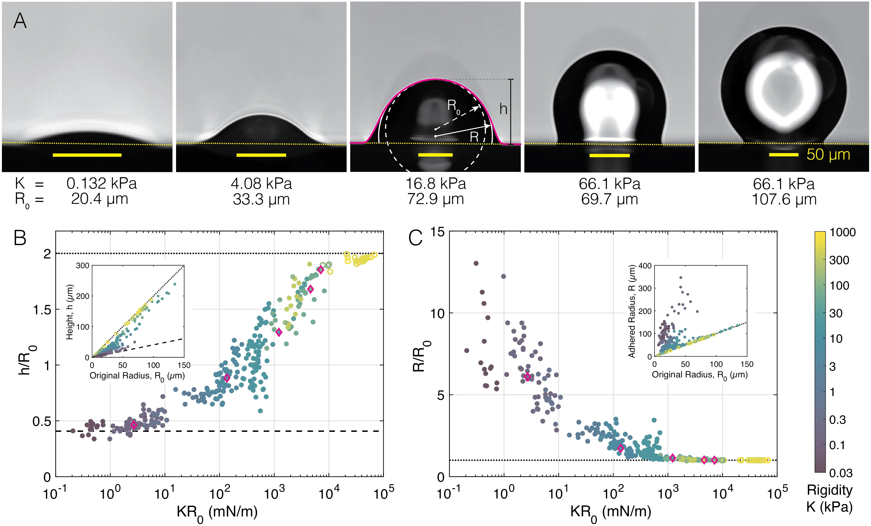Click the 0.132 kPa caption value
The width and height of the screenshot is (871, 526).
pos(101,183)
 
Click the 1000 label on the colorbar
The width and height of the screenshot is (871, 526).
pos(842,232)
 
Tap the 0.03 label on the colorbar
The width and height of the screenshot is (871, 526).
pos(841,473)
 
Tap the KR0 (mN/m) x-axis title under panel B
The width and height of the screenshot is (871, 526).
pos(217,512)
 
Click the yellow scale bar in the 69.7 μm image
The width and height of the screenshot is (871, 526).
pos(609,155)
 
